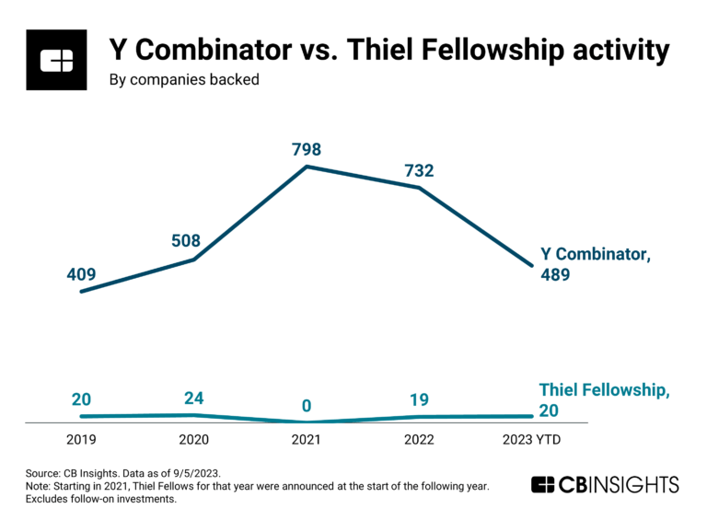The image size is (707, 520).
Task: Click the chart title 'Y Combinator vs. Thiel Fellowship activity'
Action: (x=388, y=50)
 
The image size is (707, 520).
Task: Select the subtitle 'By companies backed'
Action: (x=184, y=80)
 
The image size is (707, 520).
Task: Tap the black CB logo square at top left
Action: (x=56, y=60)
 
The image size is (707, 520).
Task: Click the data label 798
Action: (x=307, y=149)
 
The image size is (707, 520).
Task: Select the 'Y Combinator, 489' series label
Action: (x=594, y=265)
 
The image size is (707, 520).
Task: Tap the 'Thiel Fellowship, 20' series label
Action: (x=603, y=400)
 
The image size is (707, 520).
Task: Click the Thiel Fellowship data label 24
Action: (x=194, y=399)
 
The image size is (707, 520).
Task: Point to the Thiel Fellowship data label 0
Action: (x=306, y=406)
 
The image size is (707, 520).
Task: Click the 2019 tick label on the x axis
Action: (x=81, y=440)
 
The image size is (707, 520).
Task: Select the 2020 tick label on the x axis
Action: (x=194, y=440)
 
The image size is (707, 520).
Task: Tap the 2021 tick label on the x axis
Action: (x=306, y=440)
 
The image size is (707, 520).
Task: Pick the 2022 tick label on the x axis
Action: (x=418, y=440)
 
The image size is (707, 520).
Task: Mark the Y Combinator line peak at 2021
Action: (x=307, y=167)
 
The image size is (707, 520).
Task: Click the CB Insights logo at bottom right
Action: (x=605, y=485)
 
